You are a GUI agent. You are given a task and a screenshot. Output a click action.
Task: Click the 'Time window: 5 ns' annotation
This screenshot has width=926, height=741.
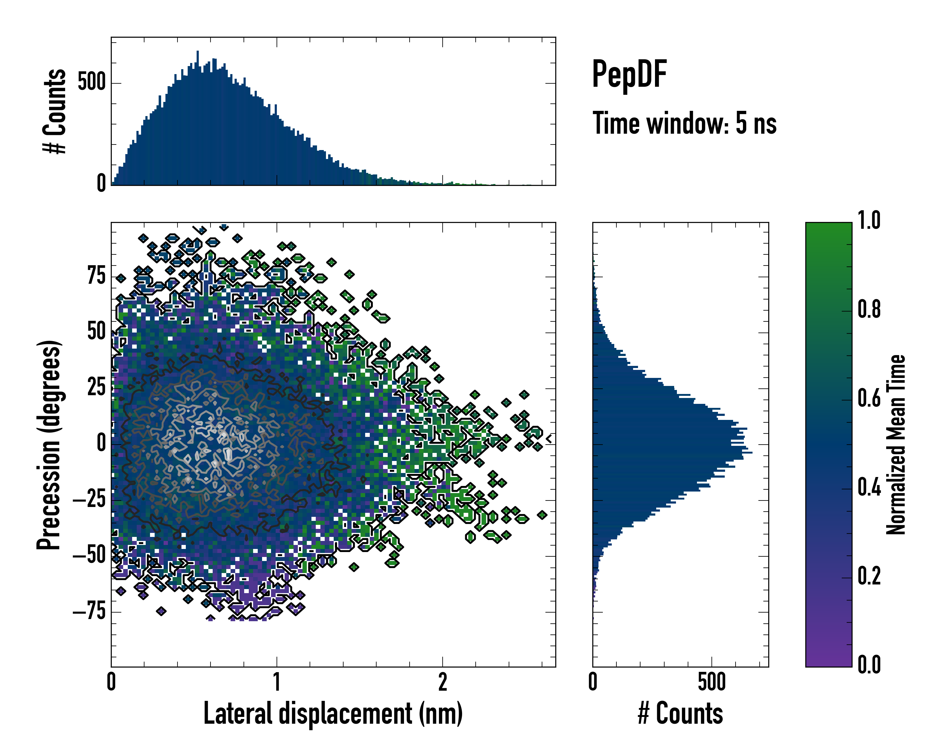click(684, 123)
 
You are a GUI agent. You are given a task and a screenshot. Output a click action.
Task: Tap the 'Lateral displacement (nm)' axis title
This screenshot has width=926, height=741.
click(333, 714)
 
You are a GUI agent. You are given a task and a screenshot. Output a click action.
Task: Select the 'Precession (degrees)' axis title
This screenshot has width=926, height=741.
click(48, 445)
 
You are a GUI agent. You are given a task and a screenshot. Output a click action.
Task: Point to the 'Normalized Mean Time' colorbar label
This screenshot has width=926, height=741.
click(896, 445)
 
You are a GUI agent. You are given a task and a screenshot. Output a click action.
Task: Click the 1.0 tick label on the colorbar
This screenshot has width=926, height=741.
click(869, 220)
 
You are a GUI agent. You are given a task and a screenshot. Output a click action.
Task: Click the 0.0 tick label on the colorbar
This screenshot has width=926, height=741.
click(869, 664)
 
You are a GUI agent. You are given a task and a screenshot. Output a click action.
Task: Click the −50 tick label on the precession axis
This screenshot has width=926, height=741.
click(89, 555)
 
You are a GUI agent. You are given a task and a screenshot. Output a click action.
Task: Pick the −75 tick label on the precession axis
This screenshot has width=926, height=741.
click(89, 611)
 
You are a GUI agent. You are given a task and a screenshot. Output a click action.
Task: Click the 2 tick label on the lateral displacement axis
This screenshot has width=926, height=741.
click(442, 682)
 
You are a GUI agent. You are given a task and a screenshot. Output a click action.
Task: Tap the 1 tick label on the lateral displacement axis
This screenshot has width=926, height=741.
click(277, 682)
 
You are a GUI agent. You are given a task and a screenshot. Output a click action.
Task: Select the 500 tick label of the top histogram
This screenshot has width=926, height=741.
click(91, 82)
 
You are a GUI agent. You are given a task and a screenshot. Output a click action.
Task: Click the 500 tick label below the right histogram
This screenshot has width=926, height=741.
click(712, 682)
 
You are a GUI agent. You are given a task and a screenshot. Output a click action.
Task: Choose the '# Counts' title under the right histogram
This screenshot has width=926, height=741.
click(680, 714)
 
